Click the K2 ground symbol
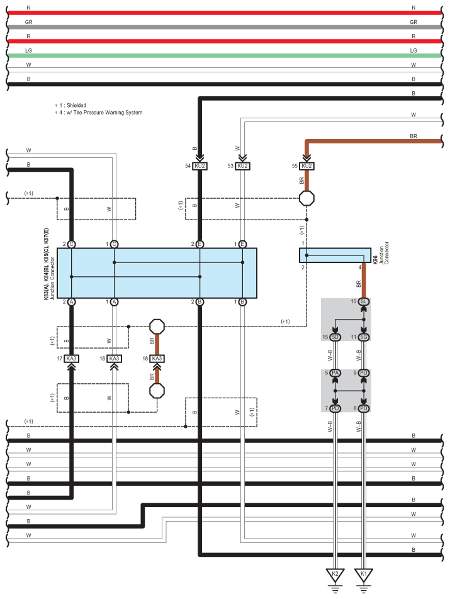(x=335, y=575)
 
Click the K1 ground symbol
(x=364, y=575)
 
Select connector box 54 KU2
(x=200, y=166)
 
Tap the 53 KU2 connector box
(x=243, y=166)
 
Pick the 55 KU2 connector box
(x=307, y=166)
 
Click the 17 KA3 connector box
(x=71, y=359)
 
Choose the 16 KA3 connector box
(x=114, y=359)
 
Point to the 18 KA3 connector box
(x=157, y=359)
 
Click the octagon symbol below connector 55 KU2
(x=307, y=198)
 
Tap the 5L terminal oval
(x=364, y=302)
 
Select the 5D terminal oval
(x=335, y=338)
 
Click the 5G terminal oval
(x=364, y=338)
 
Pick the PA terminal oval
(x=335, y=373)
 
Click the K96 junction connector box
(x=334, y=255)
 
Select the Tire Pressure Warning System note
(x=99, y=113)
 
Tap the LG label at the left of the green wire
(x=28, y=50)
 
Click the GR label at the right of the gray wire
(x=413, y=22)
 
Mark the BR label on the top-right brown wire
(x=413, y=135)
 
